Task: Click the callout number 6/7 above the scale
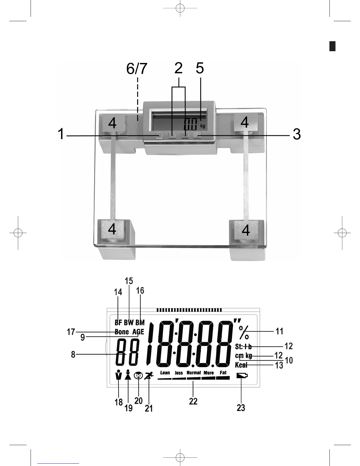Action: tap(136, 69)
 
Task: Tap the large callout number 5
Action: tap(200, 68)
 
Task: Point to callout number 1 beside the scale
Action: tap(61, 134)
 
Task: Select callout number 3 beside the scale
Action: tap(297, 134)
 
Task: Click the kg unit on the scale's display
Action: tap(203, 126)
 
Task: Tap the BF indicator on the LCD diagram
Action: tap(118, 322)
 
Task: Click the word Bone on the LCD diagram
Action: tap(121, 332)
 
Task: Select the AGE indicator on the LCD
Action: tap(138, 332)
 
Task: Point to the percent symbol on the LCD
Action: tap(244, 333)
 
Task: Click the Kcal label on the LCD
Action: tap(241, 365)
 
